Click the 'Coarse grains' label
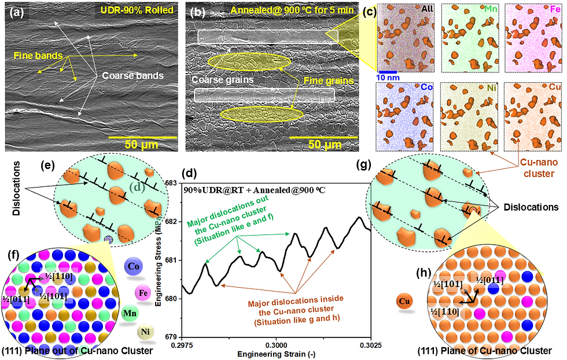(x=214, y=80)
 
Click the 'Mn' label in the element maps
(x=488, y=9)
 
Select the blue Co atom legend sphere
(x=134, y=267)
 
